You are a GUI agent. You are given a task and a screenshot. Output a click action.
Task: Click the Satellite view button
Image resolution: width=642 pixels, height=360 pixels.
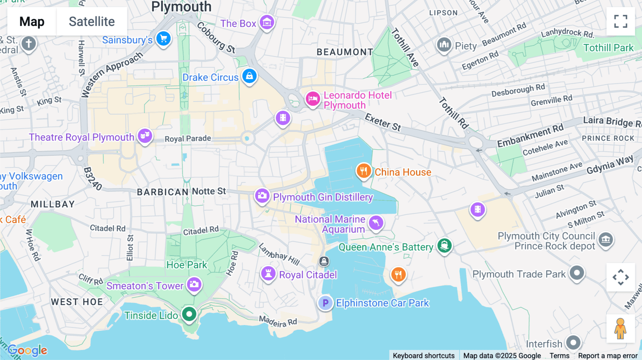(92, 21)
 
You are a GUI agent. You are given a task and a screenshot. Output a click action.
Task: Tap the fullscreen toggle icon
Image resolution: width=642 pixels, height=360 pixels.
(621, 21)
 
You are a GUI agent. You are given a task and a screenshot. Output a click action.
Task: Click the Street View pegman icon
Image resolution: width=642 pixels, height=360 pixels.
(620, 329)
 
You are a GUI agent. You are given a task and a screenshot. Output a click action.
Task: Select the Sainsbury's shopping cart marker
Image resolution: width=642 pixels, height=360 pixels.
(164, 39)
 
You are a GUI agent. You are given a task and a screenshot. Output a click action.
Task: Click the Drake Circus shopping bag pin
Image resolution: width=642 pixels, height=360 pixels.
(249, 76)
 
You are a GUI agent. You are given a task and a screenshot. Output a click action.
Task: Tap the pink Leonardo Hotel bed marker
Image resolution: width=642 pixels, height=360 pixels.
(313, 99)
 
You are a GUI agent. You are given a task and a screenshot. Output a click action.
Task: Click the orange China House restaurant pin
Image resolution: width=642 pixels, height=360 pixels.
(363, 171)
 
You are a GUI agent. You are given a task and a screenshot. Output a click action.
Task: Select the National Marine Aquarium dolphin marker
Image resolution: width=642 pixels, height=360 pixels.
(376, 223)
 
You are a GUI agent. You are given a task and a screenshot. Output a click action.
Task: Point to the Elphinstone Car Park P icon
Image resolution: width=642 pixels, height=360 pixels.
(325, 303)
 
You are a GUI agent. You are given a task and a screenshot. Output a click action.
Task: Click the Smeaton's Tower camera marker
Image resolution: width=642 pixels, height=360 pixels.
(194, 284)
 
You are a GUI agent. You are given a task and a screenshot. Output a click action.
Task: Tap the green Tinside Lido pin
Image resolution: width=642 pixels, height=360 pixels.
(189, 314)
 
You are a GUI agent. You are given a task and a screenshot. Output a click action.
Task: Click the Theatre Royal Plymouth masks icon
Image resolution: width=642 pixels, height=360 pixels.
(145, 136)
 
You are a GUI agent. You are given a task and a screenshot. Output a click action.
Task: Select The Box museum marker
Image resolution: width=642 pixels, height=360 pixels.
(267, 22)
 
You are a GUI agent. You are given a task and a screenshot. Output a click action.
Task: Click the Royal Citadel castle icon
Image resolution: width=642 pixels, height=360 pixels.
(268, 274)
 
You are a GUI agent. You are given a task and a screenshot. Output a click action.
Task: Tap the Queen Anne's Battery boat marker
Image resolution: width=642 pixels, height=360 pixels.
(444, 246)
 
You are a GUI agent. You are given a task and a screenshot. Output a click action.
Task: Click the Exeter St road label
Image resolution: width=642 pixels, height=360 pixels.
(383, 122)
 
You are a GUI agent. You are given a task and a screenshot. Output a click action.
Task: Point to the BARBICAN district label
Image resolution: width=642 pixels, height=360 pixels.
(163, 192)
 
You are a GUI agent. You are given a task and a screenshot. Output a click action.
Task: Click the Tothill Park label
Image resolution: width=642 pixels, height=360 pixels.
(608, 48)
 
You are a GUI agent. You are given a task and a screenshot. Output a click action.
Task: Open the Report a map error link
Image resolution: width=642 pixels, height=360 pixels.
(607, 355)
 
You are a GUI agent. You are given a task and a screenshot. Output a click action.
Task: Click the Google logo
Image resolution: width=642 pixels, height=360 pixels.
(27, 350)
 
